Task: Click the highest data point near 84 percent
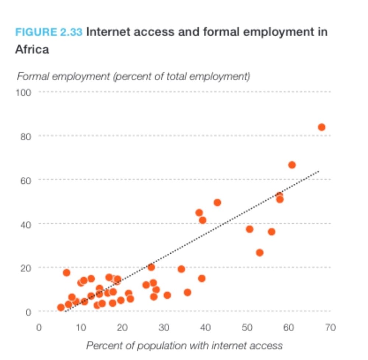click(321, 127)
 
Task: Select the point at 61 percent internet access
click(292, 165)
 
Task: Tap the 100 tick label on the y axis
click(24, 92)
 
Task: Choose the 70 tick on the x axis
click(330, 327)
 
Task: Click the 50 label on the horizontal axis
click(247, 327)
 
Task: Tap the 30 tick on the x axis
click(164, 327)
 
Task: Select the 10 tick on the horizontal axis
click(81, 327)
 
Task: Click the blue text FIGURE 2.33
click(49, 32)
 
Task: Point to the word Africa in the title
click(32, 49)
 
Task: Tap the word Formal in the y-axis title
click(32, 77)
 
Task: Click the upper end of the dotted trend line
click(319, 171)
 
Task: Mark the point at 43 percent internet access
click(217, 202)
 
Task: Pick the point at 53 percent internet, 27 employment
click(259, 253)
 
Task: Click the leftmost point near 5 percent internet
click(61, 307)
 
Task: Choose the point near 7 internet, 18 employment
click(67, 273)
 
